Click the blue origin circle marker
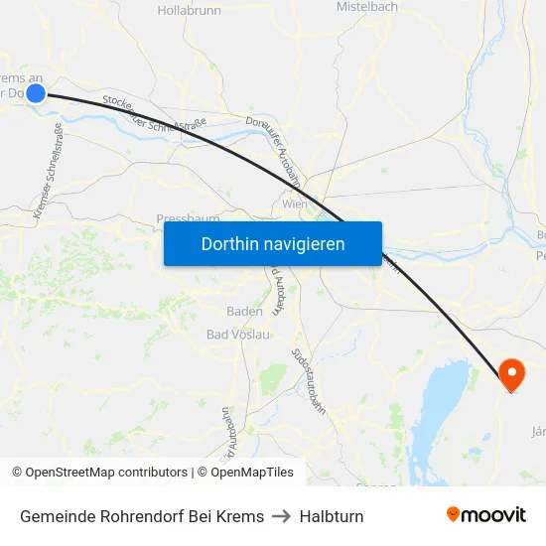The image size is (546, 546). tap(35, 93)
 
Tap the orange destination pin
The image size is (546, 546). tap(512, 374)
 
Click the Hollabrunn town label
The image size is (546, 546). tap(189, 10)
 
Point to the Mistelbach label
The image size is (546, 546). tap(366, 7)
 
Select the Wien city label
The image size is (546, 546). tap(295, 204)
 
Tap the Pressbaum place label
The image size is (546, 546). tap(187, 218)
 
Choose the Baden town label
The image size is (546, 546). tap(244, 311)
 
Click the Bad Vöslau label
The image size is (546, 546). tap(237, 335)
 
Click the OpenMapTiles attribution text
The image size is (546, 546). tap(244, 473)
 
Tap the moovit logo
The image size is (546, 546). tap(486, 515)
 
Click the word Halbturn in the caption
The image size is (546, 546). tap(332, 516)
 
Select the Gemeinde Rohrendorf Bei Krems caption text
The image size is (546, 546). tap(142, 516)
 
